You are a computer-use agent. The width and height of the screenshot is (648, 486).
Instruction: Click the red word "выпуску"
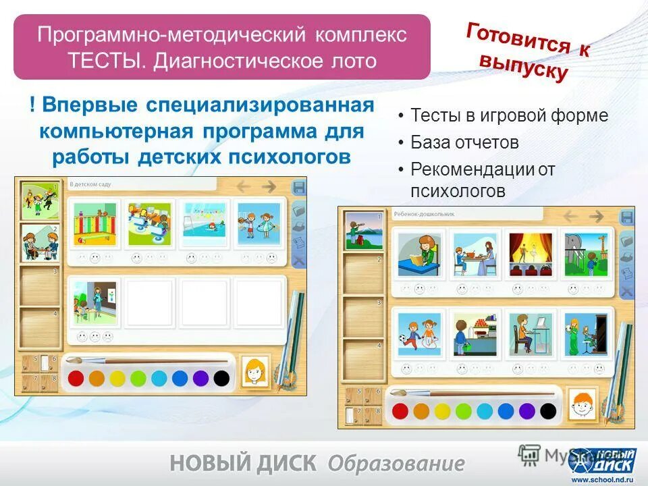523,67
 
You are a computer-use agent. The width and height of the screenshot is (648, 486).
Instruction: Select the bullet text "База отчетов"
464,142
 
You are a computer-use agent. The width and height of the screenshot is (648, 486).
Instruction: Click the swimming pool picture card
203,223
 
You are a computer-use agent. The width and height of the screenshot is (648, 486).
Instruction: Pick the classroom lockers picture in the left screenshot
94,224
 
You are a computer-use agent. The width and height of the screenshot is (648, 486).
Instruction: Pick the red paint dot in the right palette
400,410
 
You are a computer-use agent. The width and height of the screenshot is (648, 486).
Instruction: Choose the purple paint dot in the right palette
526,410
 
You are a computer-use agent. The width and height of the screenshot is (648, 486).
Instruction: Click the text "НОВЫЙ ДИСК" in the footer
243,463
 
